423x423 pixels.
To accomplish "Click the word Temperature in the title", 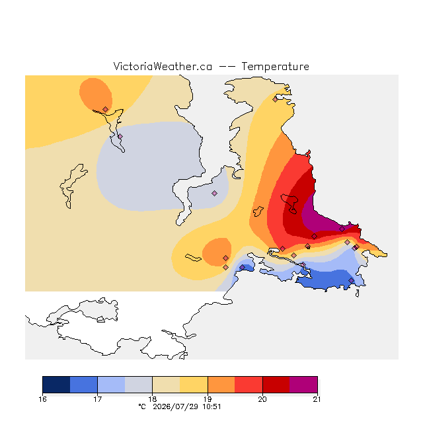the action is coord(275,66).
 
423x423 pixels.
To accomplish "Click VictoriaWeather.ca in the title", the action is coord(163,66).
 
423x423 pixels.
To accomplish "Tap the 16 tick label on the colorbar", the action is coord(42,399).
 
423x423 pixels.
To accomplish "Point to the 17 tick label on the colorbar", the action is coord(97,399).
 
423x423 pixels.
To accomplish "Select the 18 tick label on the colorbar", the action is coord(153,399).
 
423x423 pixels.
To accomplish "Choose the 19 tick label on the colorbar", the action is coord(208,399).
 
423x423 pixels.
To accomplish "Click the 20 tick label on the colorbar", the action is coord(262,399).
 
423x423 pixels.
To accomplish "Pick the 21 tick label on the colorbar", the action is coord(317,399).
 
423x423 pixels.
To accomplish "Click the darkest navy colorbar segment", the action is coord(56,385).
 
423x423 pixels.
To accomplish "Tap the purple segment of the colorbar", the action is coord(303,385).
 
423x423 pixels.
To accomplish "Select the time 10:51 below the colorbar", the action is coord(211,406).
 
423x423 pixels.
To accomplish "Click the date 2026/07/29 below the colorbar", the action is coord(176,406).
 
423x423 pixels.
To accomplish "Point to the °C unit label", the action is coord(142,406).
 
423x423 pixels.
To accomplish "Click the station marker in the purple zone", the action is coord(342,229).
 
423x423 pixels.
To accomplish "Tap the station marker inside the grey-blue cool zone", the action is coord(214,193).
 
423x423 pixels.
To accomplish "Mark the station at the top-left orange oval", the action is coord(105,109).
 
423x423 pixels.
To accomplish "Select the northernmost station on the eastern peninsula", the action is coord(275,99).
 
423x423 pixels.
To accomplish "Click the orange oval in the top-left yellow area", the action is coord(95,94).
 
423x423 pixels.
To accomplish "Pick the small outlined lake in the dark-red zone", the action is coord(290,203).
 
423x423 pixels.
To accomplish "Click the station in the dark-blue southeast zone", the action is coord(351,280).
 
